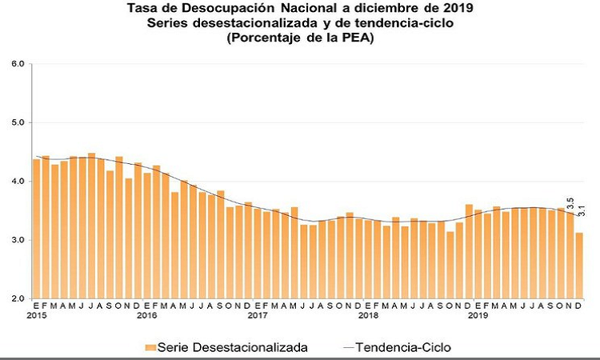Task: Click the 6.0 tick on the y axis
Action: pyautogui.click(x=18, y=64)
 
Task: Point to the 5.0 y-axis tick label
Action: pyautogui.click(x=18, y=123)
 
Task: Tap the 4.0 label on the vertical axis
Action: pyautogui.click(x=18, y=182)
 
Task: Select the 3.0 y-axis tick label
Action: pyautogui.click(x=18, y=241)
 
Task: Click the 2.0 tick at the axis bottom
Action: pyautogui.click(x=18, y=299)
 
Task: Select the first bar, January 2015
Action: pyautogui.click(x=36, y=229)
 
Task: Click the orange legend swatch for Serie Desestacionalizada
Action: pyautogui.click(x=149, y=347)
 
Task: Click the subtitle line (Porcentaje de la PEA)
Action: pyautogui.click(x=301, y=37)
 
